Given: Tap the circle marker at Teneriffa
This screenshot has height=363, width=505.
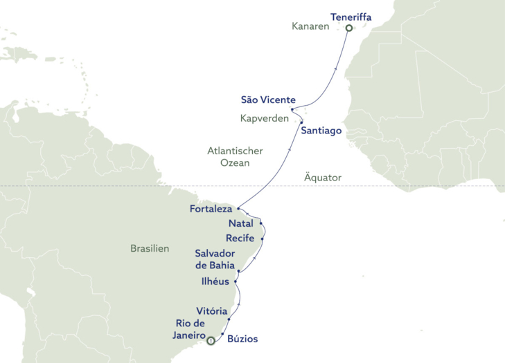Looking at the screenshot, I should (x=348, y=28).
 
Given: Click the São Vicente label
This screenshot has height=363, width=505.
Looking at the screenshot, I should (x=268, y=100).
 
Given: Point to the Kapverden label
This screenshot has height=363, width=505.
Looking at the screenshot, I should (x=264, y=118).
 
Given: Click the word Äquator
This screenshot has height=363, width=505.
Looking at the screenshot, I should (x=323, y=178).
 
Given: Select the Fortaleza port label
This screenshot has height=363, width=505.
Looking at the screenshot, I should (x=211, y=208).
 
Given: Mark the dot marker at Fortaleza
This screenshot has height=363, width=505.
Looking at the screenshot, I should (x=238, y=208).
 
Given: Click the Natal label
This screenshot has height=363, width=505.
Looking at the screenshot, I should (x=241, y=224).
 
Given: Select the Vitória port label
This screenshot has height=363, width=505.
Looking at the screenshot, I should (x=206, y=312).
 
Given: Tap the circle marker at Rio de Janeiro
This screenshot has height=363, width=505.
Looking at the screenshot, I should (x=211, y=339).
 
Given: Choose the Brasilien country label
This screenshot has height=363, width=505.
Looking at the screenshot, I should (x=150, y=248).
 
